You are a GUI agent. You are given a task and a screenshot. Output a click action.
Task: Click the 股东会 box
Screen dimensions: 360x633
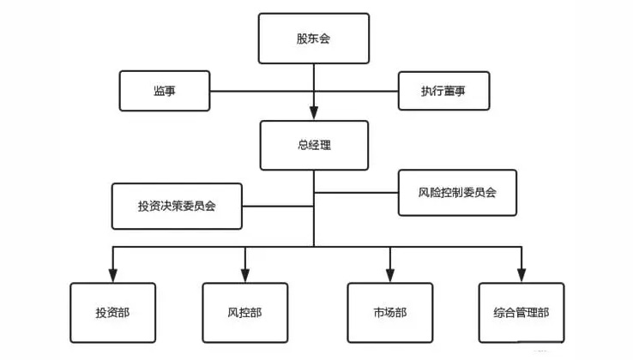click(313, 39)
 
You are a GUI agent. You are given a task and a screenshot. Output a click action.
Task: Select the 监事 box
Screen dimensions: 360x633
click(165, 91)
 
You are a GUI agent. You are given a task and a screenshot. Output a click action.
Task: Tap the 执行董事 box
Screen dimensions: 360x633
click(443, 91)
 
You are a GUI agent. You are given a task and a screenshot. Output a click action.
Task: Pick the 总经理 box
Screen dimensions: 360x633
click(313, 145)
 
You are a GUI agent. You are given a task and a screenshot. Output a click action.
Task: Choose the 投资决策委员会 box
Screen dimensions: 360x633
click(177, 207)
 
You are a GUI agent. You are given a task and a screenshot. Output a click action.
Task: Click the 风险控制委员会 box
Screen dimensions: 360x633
click(457, 193)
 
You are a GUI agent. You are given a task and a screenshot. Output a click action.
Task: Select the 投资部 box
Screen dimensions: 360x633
click(113, 312)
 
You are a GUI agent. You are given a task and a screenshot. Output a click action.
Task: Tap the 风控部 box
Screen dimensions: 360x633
click(244, 312)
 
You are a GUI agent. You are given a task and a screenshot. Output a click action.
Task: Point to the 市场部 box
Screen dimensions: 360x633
click(390, 312)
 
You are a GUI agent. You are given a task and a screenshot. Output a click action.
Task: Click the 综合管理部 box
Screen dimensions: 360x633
click(521, 312)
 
